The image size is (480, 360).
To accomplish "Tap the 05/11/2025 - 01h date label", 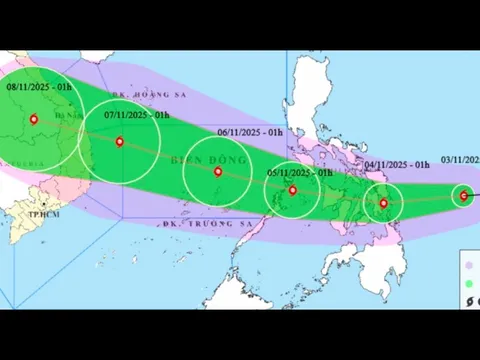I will coord(299,173).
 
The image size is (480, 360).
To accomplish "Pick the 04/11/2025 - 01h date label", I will coord(397,163).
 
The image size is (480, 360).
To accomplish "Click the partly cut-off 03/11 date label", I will coord(459,161).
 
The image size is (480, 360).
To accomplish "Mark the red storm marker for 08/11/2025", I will coord(33,119).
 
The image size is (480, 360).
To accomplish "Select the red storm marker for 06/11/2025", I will coord(218,171).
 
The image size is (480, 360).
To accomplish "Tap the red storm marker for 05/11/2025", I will coord(292,189).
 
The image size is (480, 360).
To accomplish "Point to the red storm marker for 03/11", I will coord(463,195).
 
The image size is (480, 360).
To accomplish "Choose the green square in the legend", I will coord(469,284).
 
